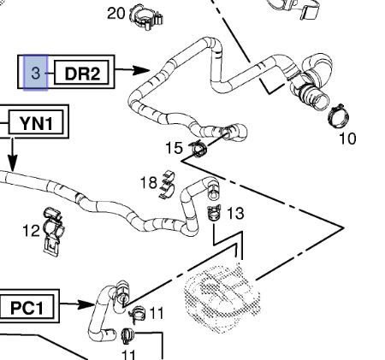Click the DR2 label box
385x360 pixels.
[x=81, y=73]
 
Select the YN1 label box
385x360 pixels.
[x=36, y=122]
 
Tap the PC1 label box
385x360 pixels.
[x=27, y=307]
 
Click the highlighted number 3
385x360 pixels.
[x=35, y=73]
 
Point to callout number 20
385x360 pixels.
[x=115, y=13]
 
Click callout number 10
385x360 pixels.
[x=347, y=139]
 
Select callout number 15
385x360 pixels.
[x=174, y=148]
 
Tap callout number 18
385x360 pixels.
[x=149, y=182]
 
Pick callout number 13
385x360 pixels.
[x=235, y=213]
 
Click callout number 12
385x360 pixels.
[x=31, y=231]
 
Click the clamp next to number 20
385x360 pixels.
[x=146, y=16]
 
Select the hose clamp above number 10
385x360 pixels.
[x=339, y=115]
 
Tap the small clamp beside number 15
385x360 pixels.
[x=198, y=149]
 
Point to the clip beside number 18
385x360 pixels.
[x=168, y=186]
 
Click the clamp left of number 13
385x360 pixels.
[x=214, y=213]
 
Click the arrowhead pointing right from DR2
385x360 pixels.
[x=141, y=70]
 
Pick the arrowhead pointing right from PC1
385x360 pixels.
[x=86, y=304]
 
